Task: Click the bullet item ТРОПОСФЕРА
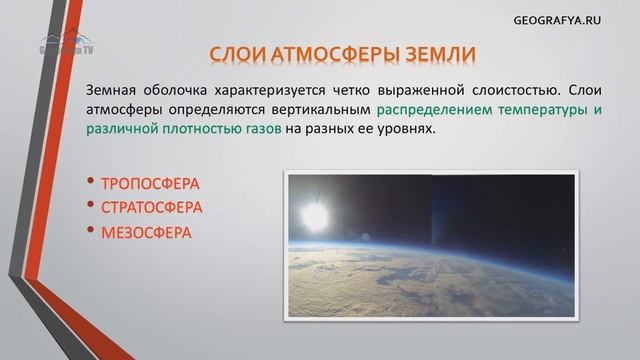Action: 150,184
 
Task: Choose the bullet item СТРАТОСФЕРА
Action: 152,208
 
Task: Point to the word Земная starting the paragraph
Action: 113,89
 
